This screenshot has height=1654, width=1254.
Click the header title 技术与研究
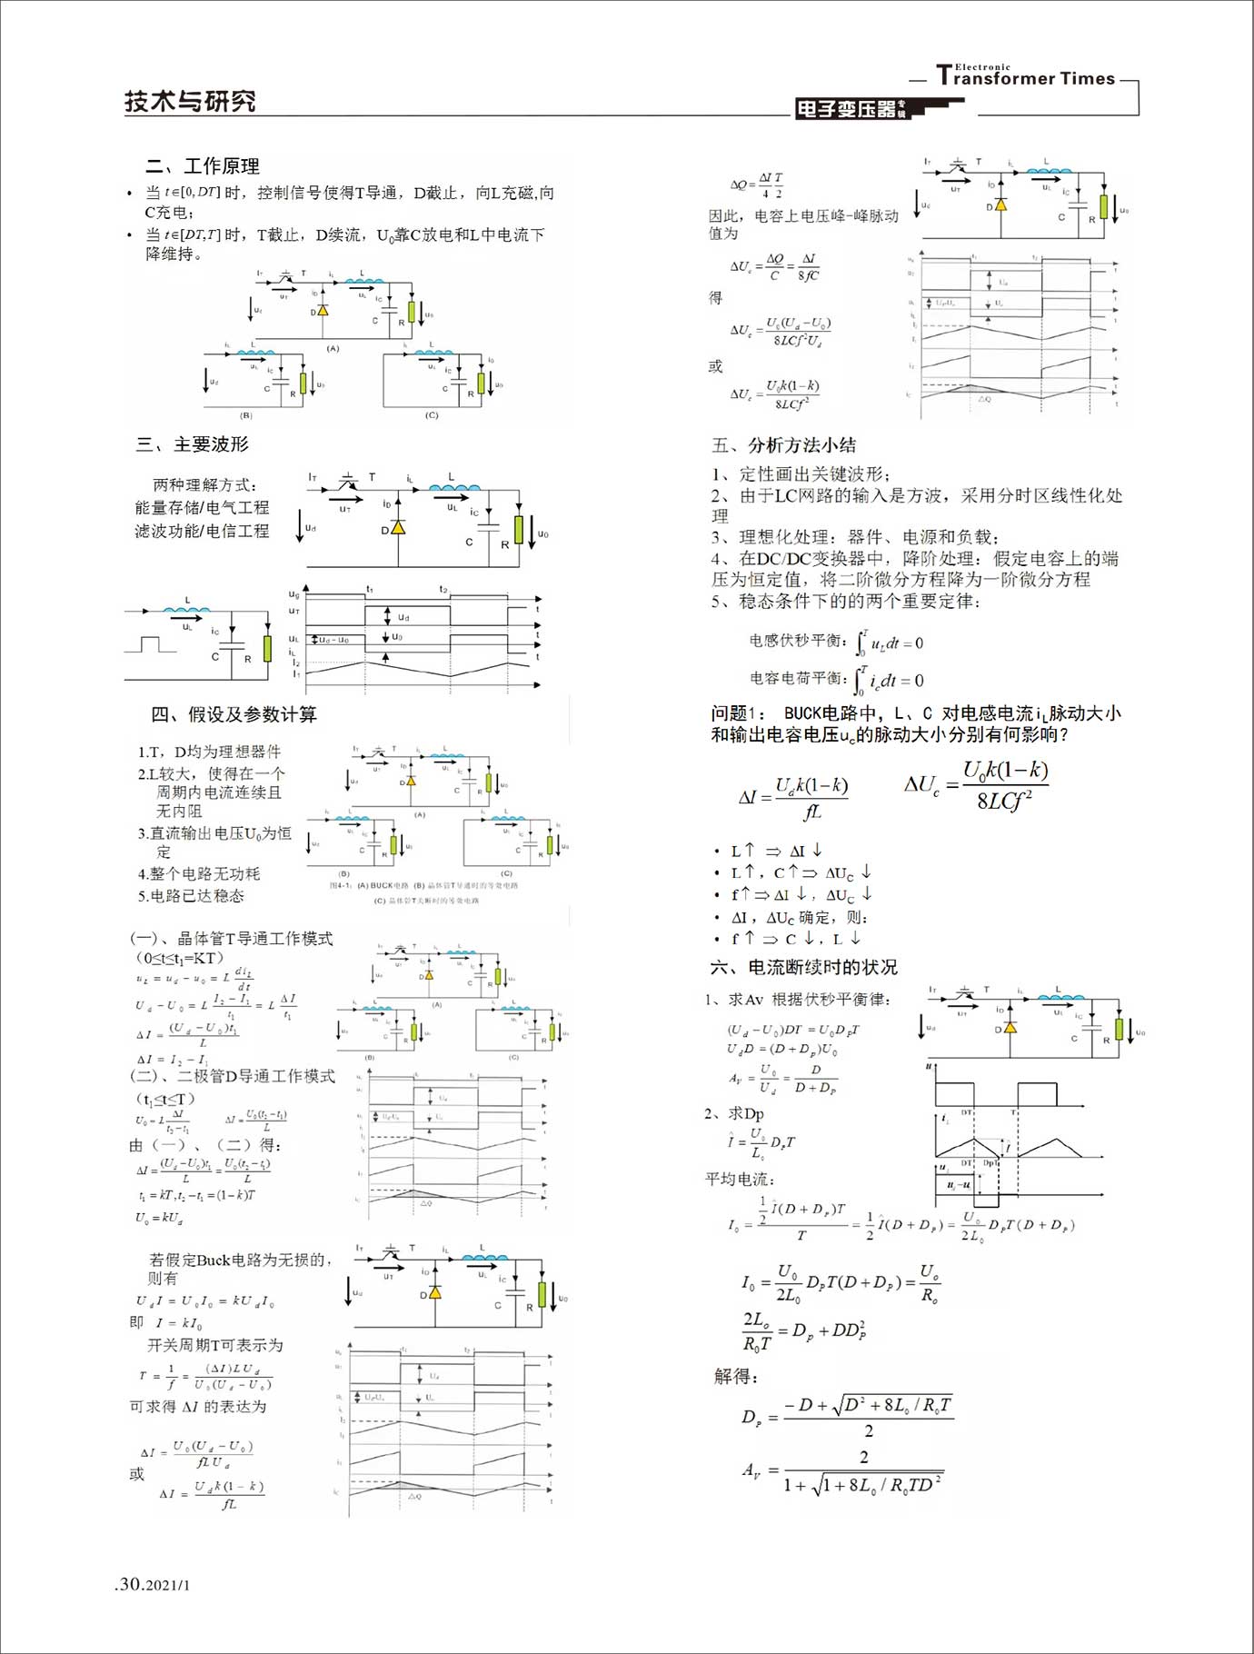tap(190, 101)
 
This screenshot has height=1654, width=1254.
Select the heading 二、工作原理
tap(203, 166)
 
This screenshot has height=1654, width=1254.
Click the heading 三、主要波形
tap(193, 444)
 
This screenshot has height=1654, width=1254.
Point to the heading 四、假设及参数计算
tap(234, 714)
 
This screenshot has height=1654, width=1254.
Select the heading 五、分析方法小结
tap(783, 445)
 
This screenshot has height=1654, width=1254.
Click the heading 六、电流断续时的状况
tap(803, 967)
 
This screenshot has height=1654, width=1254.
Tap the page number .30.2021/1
tap(153, 1584)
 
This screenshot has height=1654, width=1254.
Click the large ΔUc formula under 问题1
tap(978, 785)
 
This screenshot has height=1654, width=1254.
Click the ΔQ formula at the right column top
tap(757, 184)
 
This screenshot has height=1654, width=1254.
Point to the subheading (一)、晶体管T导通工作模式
tap(232, 938)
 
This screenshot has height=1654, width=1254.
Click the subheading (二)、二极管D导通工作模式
tap(233, 1076)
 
